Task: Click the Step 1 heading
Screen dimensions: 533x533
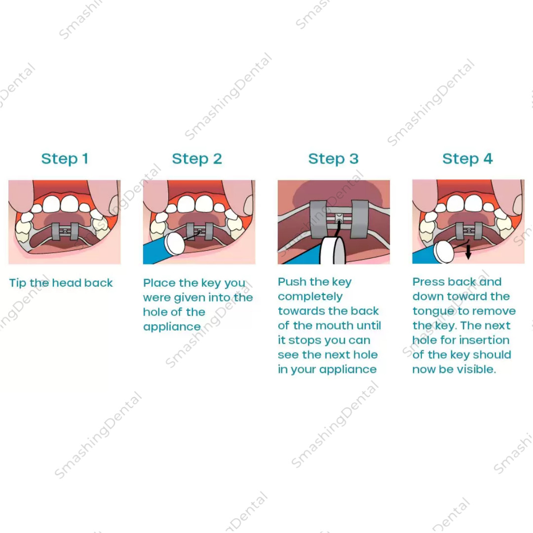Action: (65, 159)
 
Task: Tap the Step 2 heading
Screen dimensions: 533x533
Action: (197, 159)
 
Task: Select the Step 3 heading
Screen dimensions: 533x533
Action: (334, 159)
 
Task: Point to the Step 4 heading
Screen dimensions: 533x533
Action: (467, 159)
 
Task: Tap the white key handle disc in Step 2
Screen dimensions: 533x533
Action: (174, 244)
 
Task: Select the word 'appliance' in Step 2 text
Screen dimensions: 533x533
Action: (172, 327)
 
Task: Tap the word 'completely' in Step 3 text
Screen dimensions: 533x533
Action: (310, 297)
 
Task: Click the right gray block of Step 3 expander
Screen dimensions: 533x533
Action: (360, 219)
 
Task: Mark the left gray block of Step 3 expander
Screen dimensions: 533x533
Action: (318, 219)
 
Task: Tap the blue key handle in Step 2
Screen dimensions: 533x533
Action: (154, 252)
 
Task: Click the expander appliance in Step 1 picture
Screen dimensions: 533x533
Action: (65, 231)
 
